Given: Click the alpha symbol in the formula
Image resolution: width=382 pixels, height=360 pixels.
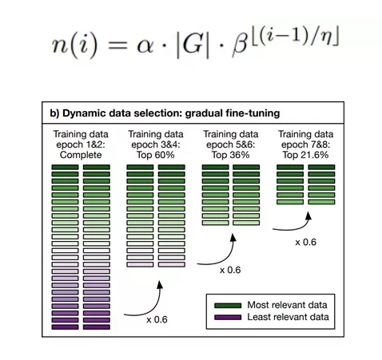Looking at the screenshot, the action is click(x=145, y=46).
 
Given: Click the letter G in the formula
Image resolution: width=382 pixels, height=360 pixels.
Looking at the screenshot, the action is click(x=192, y=44).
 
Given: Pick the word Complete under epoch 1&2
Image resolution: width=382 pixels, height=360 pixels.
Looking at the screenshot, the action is click(x=81, y=155).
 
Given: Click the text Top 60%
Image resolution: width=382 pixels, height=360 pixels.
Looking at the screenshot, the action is click(x=156, y=155).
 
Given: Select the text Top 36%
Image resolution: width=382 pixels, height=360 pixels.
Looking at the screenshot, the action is click(x=230, y=155).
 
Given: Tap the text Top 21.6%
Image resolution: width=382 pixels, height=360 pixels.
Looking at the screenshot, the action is click(x=305, y=155).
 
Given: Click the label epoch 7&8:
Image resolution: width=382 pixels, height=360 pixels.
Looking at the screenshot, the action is click(x=305, y=145).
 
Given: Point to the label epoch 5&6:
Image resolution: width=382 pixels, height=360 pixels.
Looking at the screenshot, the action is click(x=230, y=145).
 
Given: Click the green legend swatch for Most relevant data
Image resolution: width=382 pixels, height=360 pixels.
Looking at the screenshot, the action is click(x=228, y=305).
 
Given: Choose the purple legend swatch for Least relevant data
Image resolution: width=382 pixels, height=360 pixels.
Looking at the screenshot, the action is click(x=228, y=317).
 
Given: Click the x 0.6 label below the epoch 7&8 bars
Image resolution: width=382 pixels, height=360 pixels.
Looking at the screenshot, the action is click(x=305, y=242).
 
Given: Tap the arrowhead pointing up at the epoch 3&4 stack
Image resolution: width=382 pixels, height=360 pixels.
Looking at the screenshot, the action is click(x=160, y=285).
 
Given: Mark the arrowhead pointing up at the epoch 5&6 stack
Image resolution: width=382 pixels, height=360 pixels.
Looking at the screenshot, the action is click(x=233, y=237).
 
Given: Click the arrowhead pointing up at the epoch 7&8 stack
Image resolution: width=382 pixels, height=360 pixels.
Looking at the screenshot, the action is click(x=308, y=216).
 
